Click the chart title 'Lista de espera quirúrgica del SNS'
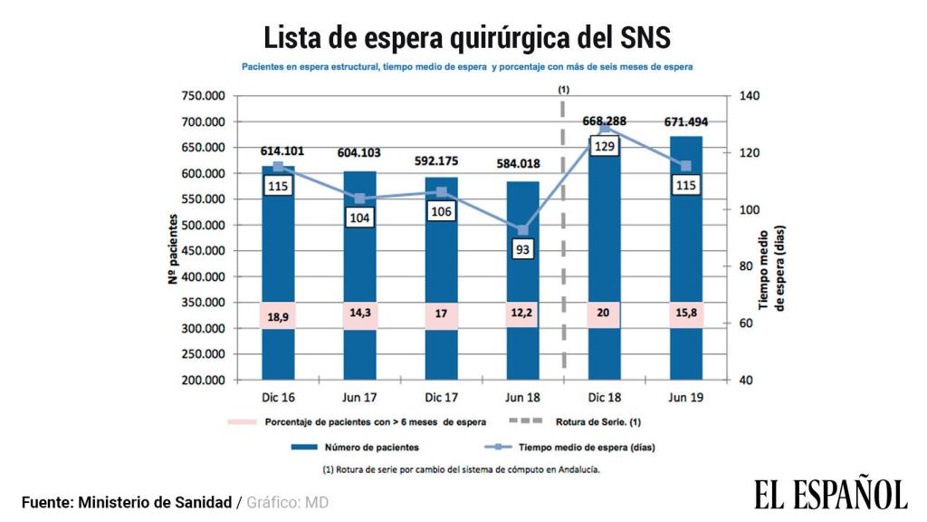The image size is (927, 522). pyautogui.click(x=466, y=37)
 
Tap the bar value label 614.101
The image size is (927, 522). pyautogui.click(x=278, y=151)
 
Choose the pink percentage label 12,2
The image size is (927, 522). pyautogui.click(x=522, y=315)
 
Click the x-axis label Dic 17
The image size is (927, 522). pyautogui.click(x=441, y=398)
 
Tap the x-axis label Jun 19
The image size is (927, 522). pyautogui.click(x=685, y=398)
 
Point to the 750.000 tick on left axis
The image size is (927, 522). pyautogui.click(x=203, y=96)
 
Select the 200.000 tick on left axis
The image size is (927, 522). pyautogui.click(x=203, y=381)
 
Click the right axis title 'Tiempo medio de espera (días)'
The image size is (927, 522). pyautogui.click(x=769, y=268)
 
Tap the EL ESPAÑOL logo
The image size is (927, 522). pyautogui.click(x=830, y=495)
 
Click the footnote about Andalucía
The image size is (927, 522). pyautogui.click(x=461, y=469)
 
